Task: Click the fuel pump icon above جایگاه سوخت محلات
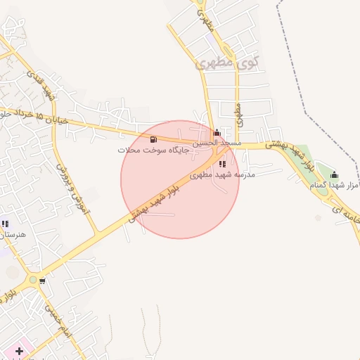(153, 139)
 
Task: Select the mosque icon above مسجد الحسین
(217, 132)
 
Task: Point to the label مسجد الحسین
(217, 143)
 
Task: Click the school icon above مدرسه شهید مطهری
(222, 164)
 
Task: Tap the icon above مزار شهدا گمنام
(334, 174)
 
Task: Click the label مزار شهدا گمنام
(336, 185)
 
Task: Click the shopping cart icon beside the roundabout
(42, 281)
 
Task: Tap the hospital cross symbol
(19, 350)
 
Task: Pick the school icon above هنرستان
(5, 224)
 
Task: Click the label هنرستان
(13, 234)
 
